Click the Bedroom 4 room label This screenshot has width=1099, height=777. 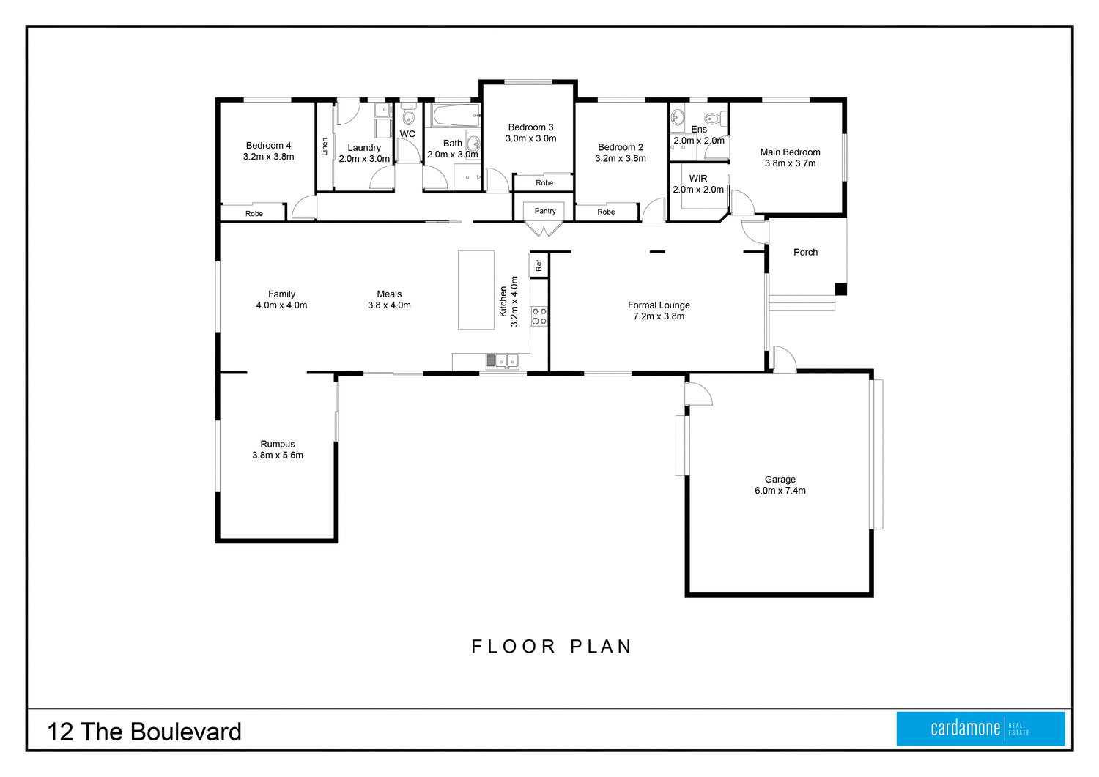268,146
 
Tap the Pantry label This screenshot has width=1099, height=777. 545,211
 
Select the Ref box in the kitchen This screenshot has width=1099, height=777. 539,265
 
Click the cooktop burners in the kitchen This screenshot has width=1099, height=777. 539,316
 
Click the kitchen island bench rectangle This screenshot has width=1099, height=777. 476,290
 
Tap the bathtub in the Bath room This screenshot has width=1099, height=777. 455,116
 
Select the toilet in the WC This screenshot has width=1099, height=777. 409,116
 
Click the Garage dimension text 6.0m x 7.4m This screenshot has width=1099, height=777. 780,491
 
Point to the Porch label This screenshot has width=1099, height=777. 805,252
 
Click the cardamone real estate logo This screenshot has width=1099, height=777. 980,728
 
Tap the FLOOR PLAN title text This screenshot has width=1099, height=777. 552,646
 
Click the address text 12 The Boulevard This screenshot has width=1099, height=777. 144,732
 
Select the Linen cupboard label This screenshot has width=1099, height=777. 325,146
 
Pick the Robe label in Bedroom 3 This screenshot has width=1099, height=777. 544,183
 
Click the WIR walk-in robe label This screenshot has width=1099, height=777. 698,179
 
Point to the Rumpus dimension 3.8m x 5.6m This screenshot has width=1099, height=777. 278,455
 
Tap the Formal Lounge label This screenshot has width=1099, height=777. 659,305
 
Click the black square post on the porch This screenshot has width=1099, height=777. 840,289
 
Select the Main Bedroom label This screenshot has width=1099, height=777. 790,152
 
